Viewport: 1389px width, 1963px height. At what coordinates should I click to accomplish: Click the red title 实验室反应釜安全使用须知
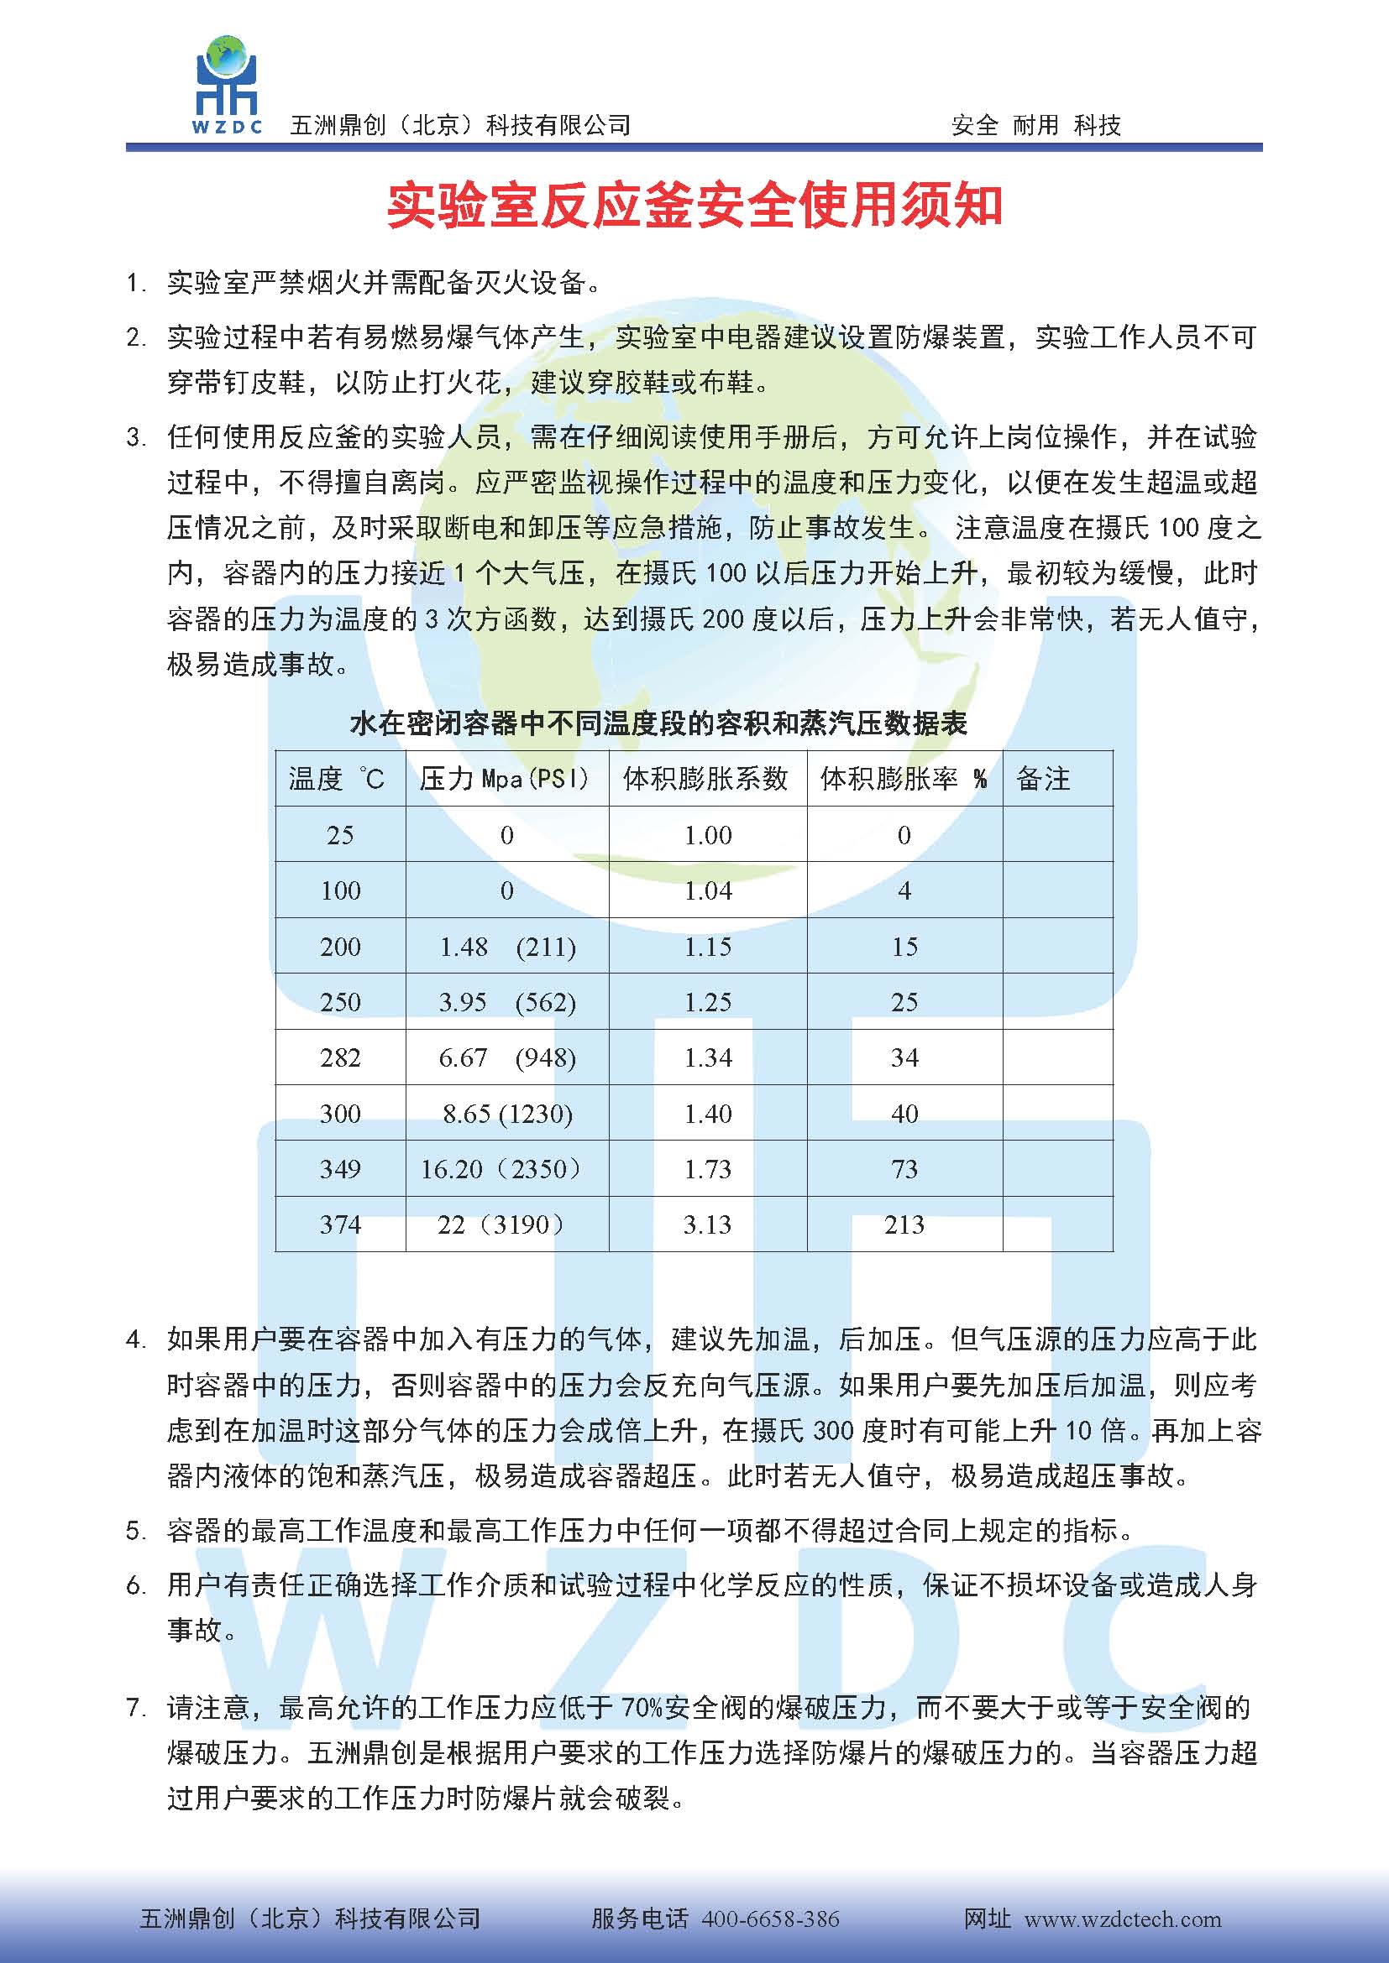tap(694, 206)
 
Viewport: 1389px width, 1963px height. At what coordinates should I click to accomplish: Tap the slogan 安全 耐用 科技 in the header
tap(1035, 126)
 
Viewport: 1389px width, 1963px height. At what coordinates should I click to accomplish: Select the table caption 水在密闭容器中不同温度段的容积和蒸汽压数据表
tap(658, 724)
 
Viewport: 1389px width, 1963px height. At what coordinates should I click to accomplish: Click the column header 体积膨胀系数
tap(705, 778)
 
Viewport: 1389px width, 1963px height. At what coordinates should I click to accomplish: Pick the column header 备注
tap(1043, 778)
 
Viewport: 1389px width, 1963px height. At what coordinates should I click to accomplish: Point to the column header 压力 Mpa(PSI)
tap(505, 778)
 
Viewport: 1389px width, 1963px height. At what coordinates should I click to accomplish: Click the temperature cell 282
tap(339, 1057)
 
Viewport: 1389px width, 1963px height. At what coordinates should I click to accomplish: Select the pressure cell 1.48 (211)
tap(507, 947)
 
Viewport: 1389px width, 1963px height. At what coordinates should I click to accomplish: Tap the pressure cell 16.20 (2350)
tap(501, 1169)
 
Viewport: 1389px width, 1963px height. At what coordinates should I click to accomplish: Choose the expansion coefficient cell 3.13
tap(707, 1224)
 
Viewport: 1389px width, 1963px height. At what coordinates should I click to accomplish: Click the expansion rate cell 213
tap(904, 1224)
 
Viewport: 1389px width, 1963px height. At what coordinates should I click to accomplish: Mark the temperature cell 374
tap(339, 1224)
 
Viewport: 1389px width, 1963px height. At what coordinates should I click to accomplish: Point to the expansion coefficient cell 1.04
tap(707, 891)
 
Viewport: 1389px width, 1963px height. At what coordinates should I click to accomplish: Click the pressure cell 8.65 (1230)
tap(507, 1113)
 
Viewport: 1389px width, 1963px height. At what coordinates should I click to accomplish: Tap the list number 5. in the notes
tap(137, 1531)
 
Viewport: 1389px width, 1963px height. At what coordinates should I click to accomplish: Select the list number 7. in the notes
tap(137, 1708)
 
